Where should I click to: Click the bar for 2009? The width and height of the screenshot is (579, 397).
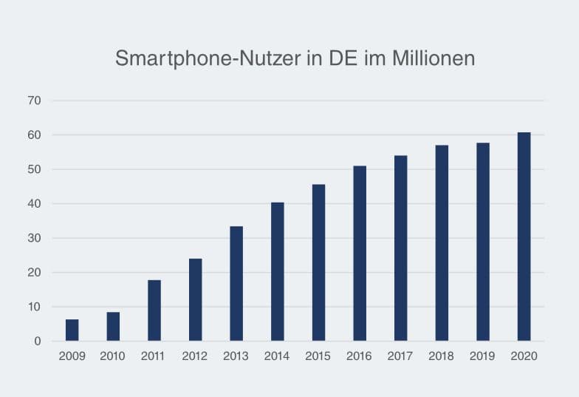tap(72, 330)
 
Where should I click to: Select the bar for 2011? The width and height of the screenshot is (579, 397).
tap(154, 311)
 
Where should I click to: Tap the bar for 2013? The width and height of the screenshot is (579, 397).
tap(236, 284)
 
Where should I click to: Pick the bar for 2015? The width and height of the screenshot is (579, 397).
tap(318, 262)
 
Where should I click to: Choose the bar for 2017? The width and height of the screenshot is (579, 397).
tap(400, 248)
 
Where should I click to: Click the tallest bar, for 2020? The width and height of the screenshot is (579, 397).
tap(524, 237)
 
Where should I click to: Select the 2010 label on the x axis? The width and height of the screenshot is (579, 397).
tap(113, 356)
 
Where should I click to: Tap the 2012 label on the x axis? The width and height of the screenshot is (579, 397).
tap(195, 356)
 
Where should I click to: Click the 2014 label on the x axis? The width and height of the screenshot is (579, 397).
tap(277, 356)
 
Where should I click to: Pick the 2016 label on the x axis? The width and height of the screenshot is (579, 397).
tap(360, 356)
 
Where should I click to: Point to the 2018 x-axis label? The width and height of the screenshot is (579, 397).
tap(442, 356)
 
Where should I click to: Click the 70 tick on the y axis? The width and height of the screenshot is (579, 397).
tap(35, 101)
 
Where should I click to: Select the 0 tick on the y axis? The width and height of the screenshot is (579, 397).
tap(38, 341)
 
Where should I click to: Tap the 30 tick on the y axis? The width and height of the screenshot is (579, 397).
tap(35, 238)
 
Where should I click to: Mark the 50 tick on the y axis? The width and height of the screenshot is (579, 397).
tap(35, 169)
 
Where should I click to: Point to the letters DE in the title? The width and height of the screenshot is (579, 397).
tap(344, 59)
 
